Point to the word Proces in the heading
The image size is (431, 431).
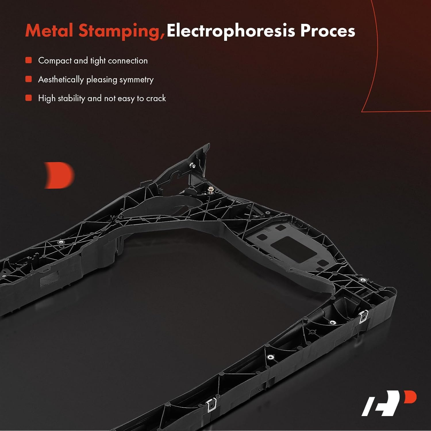tap(328, 30)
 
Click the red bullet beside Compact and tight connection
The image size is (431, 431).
tap(28, 60)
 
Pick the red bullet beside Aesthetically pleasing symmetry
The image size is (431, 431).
tap(28, 79)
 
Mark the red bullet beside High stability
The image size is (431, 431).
tap(28, 98)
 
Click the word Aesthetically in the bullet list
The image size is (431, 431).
tap(61, 80)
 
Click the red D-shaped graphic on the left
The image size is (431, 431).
tap(59, 175)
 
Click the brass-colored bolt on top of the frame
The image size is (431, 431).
tap(211, 190)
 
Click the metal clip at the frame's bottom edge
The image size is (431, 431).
tap(211, 405)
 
